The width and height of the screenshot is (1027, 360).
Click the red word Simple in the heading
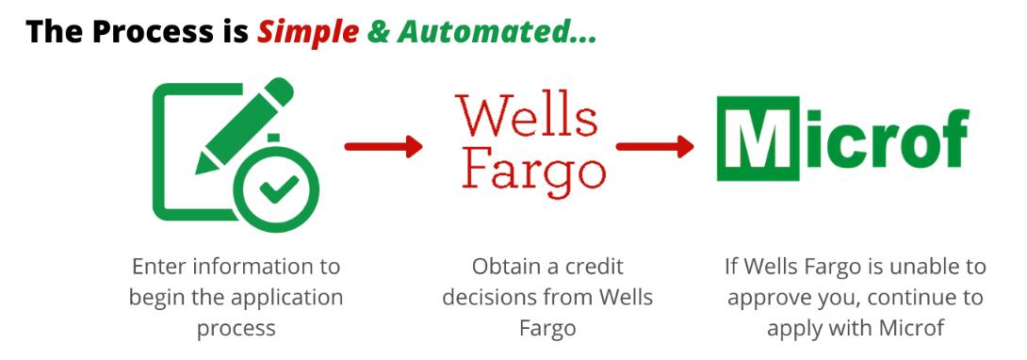pos(308,32)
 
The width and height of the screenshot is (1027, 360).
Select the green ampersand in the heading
pos(379,31)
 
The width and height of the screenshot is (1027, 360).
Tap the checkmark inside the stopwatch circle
pos(278,189)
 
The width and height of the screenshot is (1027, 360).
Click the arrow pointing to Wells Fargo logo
pos(383,146)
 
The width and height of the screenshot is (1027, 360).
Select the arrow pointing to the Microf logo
pos(654,146)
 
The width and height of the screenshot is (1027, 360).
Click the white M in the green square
pos(758,139)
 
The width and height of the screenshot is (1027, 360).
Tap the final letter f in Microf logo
pos(954,138)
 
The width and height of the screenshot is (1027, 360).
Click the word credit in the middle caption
pos(595,267)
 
